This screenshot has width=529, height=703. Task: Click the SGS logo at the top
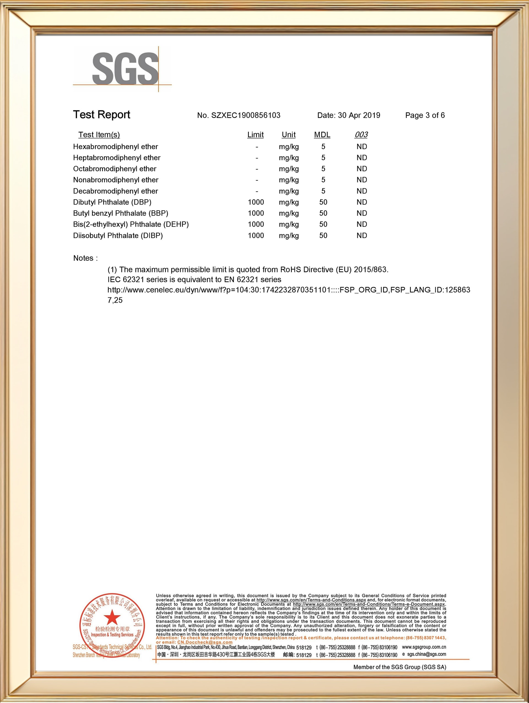pos(125,69)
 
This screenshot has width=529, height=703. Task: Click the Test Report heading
pos(102,115)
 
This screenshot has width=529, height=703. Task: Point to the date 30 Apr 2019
pos(359,115)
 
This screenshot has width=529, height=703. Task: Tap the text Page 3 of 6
pos(425,115)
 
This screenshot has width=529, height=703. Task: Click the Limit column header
pos(255,135)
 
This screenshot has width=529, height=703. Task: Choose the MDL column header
pos(322,135)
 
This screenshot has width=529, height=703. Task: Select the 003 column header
pos(361,135)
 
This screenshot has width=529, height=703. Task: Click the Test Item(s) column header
pos(99,135)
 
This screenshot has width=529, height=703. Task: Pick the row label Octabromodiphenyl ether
pos(115,169)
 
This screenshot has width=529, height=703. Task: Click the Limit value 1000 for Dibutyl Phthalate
pos(256,202)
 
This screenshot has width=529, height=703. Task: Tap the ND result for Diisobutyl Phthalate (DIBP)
pos(362,235)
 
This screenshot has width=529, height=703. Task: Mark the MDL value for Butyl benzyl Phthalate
pos(323,213)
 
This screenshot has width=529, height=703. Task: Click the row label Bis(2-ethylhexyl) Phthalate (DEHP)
pos(131,224)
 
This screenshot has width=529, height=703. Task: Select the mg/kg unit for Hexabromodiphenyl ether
pos(289,147)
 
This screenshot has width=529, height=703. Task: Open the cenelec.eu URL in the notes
pos(288,290)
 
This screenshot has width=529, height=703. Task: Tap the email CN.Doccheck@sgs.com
pos(205,642)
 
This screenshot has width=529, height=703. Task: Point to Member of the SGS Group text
pos(400,667)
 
